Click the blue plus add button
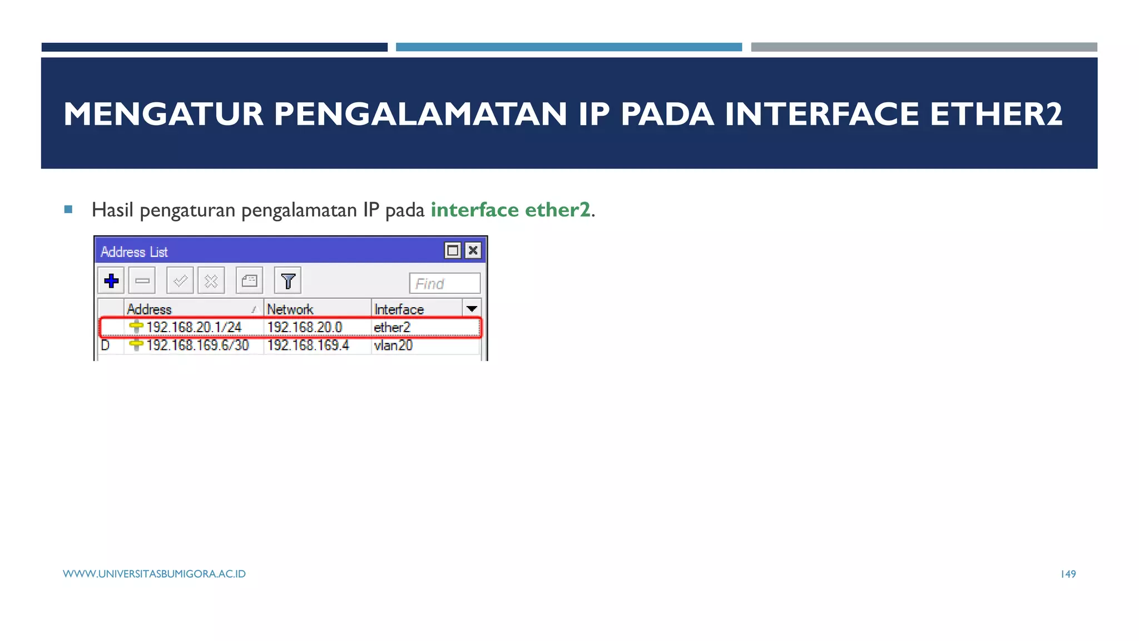[x=111, y=280]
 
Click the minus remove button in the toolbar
[x=142, y=280]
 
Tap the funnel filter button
[x=288, y=280]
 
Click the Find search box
[x=444, y=283]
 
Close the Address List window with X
[x=473, y=250]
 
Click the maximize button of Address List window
[x=453, y=250]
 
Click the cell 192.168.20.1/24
[x=194, y=327]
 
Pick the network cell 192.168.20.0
[x=305, y=327]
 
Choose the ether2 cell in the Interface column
[x=392, y=327]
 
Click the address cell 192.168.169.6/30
[x=197, y=345]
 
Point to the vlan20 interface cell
[x=393, y=345]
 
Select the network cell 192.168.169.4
[x=308, y=345]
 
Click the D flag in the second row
[x=105, y=345]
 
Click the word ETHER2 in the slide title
[x=996, y=114]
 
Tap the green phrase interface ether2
[x=510, y=210]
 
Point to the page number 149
[x=1068, y=574]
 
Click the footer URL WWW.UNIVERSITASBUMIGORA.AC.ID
[x=154, y=574]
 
